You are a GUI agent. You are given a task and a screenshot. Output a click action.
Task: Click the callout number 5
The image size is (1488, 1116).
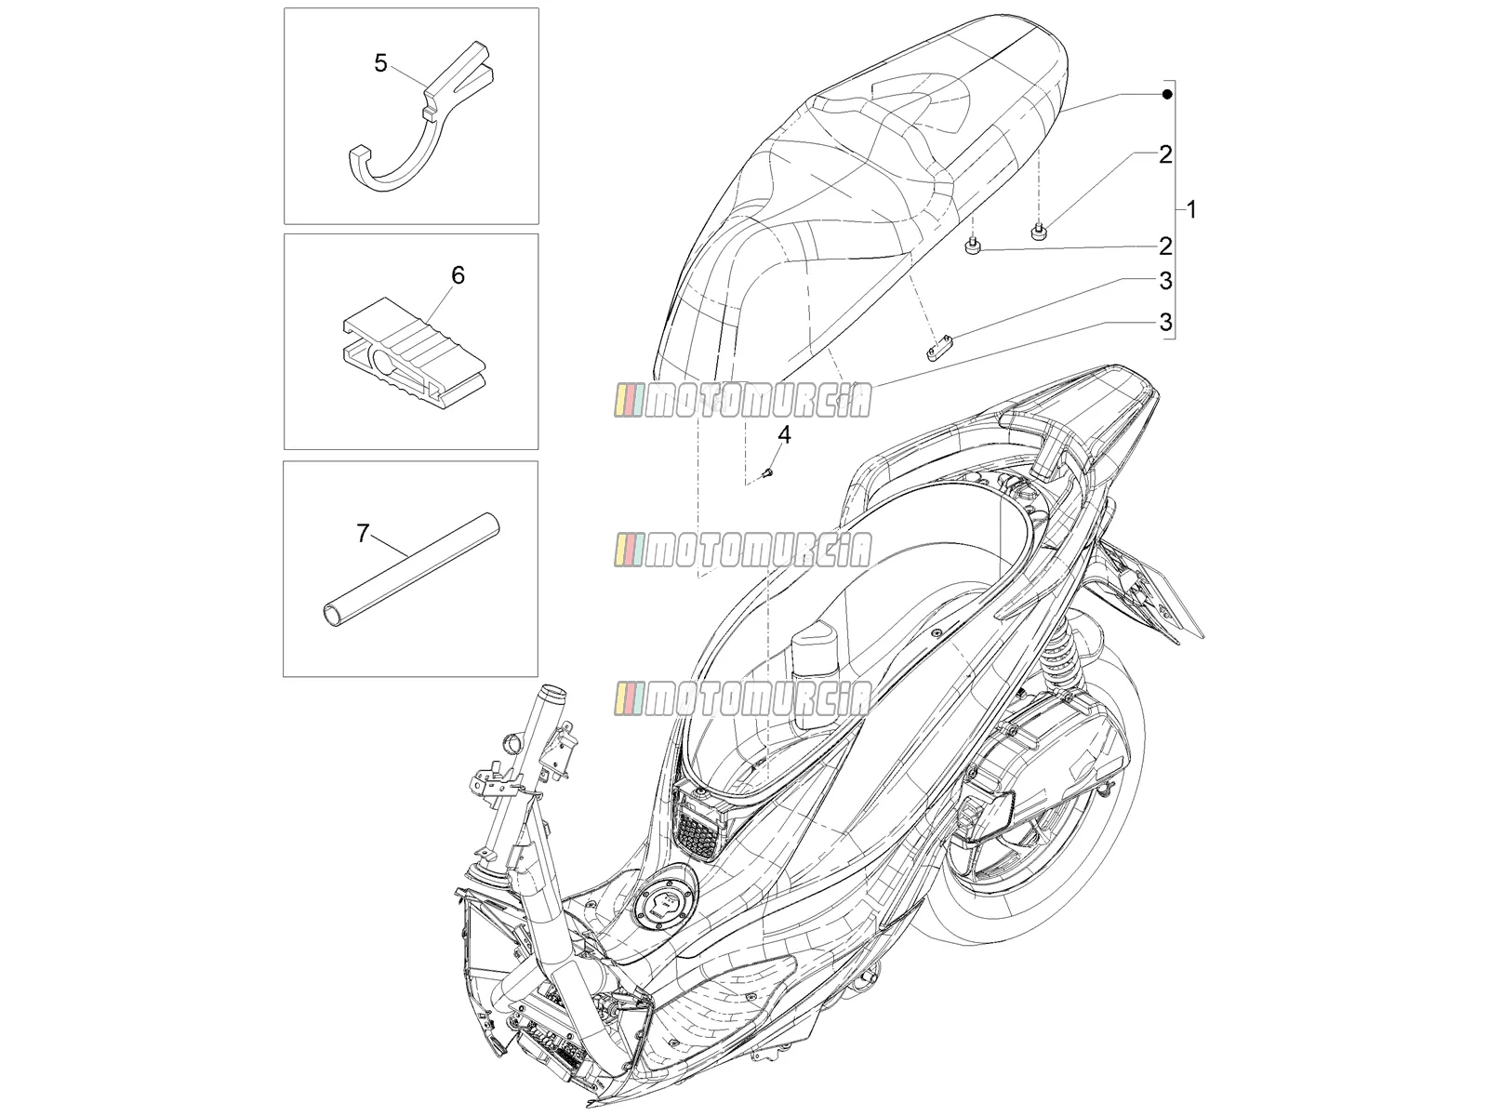tap(380, 63)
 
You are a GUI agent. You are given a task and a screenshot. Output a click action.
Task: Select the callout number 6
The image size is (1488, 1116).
tap(458, 275)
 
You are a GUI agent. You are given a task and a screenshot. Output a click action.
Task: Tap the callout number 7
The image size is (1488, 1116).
tap(364, 534)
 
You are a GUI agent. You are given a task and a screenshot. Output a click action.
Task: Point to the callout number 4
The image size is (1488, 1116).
tap(784, 434)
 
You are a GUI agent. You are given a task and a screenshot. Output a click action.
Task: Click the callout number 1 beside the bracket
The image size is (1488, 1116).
tap(1191, 210)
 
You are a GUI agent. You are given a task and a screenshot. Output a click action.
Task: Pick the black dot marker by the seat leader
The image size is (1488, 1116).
tap(1166, 94)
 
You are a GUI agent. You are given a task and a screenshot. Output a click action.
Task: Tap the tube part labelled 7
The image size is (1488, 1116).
tap(410, 573)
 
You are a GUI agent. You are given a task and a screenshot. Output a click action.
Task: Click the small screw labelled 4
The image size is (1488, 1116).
tap(767, 472)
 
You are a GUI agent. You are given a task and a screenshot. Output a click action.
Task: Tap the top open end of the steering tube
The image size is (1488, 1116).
tap(553, 695)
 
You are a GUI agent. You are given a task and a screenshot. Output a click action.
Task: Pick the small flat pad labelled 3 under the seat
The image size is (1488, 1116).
tap(939, 350)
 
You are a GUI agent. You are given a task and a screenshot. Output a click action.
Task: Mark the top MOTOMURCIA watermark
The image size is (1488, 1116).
tap(742, 401)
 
